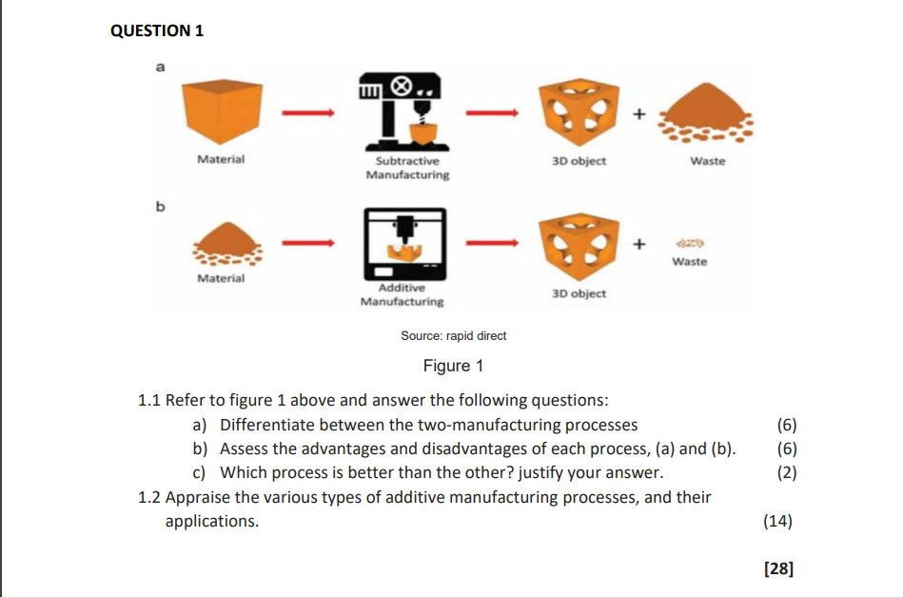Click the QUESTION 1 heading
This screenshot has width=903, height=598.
tap(157, 30)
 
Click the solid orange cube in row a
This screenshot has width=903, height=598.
tap(220, 110)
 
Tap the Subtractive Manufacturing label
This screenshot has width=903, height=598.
tap(407, 169)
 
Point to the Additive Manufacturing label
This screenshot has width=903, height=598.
tap(402, 294)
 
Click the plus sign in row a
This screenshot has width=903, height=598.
tap(639, 114)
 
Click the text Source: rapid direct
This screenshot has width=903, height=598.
tap(454, 335)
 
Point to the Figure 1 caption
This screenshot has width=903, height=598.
tap(453, 366)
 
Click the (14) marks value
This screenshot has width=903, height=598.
tap(776, 521)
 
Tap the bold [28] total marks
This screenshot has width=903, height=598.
tap(778, 568)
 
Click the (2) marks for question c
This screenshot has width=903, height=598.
tap(786, 472)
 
